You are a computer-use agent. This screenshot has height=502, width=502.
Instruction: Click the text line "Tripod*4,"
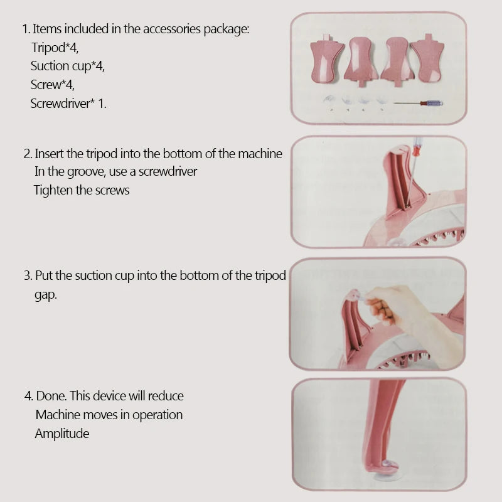pos(55,48)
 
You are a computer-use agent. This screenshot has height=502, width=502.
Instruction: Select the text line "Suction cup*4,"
pos(68,66)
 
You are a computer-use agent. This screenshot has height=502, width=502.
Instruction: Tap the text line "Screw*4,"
pos(53,85)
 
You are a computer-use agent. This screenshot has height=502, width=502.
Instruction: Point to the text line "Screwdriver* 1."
pos(68,104)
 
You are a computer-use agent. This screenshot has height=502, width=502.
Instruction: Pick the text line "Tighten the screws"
pos(82,190)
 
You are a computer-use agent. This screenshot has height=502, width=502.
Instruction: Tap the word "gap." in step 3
pos(46,294)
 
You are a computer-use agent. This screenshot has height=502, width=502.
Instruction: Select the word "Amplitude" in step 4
pos(62,434)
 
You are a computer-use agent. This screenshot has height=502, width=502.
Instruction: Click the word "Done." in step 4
pos(51,396)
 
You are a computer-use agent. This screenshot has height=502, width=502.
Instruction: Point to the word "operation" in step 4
pos(158,415)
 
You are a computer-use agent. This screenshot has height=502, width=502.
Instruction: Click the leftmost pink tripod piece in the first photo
pos(327,59)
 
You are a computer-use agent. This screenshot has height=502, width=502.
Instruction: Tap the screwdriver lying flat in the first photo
pos(419,103)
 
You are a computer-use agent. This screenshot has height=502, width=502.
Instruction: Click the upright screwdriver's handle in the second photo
pos(417,146)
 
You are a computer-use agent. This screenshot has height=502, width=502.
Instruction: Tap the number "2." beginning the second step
pos(28,154)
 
